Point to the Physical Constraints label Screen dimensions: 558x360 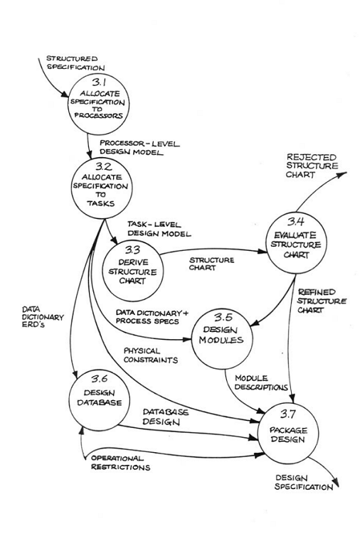150,355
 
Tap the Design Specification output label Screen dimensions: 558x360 302,483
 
